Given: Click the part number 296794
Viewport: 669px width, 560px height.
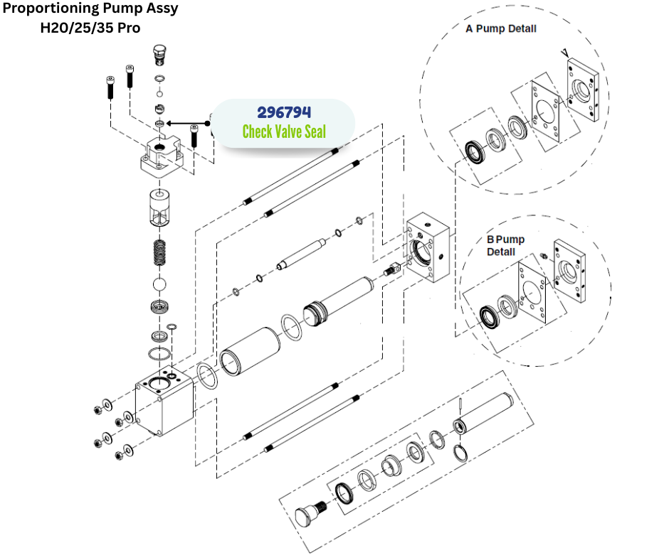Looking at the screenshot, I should [284, 113].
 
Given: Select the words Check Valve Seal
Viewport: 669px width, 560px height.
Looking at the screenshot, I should [284, 132].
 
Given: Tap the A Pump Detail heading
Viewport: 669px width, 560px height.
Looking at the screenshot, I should [500, 29].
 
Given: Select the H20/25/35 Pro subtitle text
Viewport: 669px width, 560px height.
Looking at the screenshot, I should [90, 29].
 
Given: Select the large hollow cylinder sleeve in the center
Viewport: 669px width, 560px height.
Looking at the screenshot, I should [250, 350].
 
